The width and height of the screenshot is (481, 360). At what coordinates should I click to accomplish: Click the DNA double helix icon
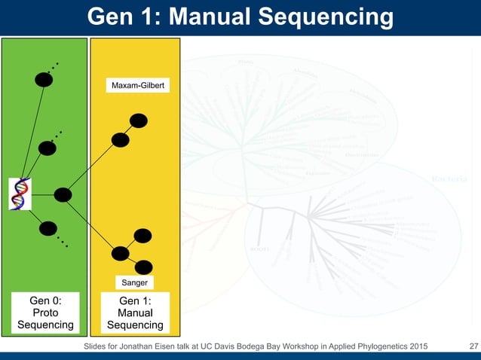(21, 194)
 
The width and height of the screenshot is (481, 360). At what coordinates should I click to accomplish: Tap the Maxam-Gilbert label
(140, 87)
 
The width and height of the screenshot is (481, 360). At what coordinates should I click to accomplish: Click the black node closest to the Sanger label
(143, 266)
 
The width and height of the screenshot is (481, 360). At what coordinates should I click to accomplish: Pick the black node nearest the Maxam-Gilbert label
(139, 121)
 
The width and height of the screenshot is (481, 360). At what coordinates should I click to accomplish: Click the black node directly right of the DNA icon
(63, 195)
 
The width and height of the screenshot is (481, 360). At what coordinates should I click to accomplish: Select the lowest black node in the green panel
(47, 228)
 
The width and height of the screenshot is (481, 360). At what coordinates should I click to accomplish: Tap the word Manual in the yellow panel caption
(136, 313)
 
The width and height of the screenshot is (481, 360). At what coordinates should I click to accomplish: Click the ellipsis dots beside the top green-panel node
(57, 66)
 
